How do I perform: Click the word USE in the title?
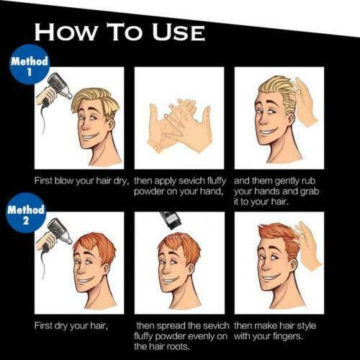coord(179,32)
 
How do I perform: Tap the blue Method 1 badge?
coord(30,64)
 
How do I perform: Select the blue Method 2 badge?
coord(26,212)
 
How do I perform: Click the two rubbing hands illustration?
coord(179,126)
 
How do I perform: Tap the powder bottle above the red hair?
coord(171,220)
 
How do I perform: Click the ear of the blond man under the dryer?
coord(112,124)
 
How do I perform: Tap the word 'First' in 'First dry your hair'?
coord(44,325)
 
